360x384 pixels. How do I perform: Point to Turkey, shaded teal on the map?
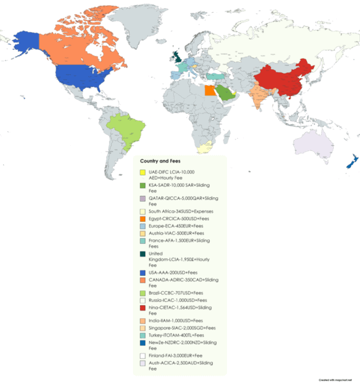pos(216,76)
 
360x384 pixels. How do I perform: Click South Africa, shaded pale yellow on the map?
pos(204,148)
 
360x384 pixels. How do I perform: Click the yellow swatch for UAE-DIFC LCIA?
pos(143,173)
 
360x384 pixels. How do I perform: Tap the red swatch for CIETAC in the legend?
pos(143,307)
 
